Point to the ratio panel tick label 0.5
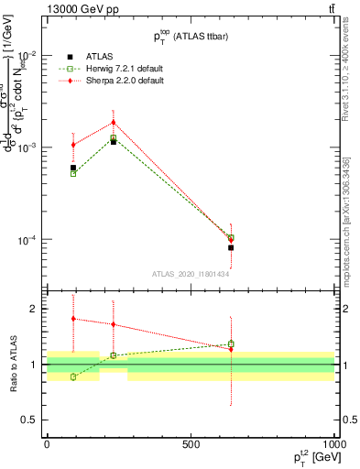[x=28, y=420]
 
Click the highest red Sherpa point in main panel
[x=114, y=122]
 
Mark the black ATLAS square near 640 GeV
[x=231, y=247]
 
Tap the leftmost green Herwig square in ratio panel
[x=73, y=376]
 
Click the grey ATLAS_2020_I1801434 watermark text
[x=190, y=274]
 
